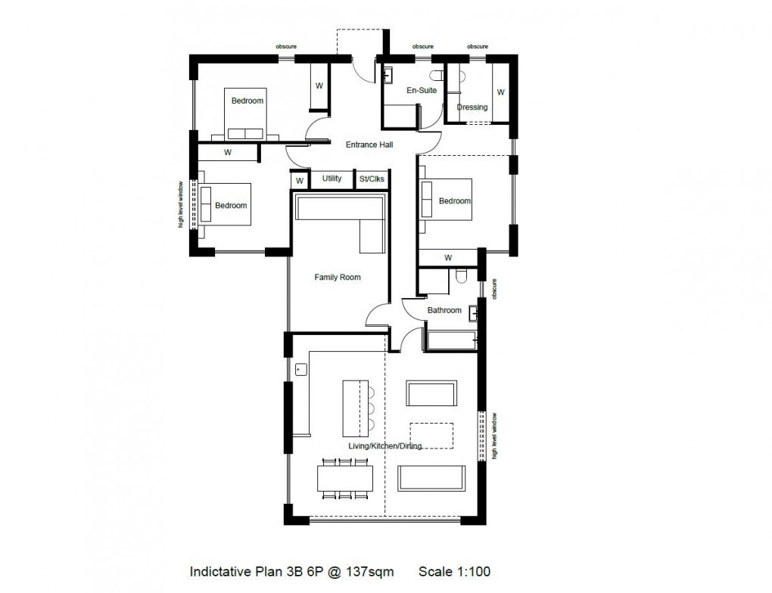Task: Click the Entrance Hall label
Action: [x=369, y=144]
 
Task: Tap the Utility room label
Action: [x=332, y=179]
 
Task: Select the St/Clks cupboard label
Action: [x=372, y=179]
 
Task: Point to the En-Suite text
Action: [x=422, y=91]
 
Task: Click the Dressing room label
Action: [x=472, y=107]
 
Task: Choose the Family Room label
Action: [x=338, y=278]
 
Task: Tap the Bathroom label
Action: [x=444, y=310]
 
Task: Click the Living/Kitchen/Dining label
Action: [x=384, y=446]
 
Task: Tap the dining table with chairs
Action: [x=345, y=478]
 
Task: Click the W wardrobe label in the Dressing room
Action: [x=500, y=93]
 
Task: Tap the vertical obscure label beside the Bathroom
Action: [x=495, y=290]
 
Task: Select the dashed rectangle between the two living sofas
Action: [x=431, y=435]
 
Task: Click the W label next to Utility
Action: [x=300, y=181]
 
